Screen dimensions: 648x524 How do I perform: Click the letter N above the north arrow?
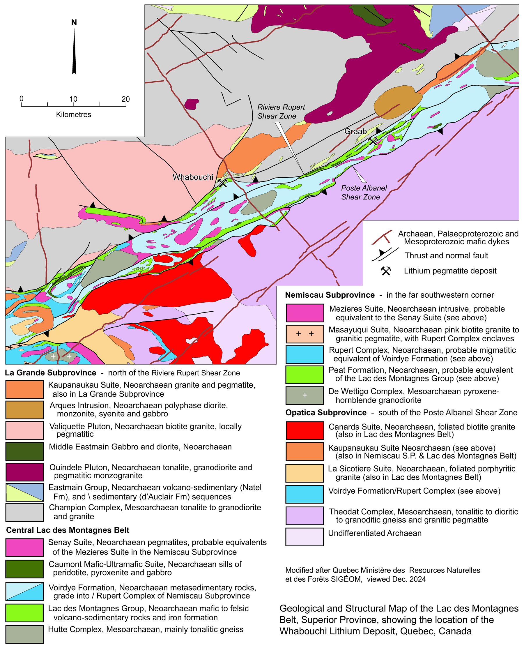click(74, 23)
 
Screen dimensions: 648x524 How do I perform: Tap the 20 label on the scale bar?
click(125, 99)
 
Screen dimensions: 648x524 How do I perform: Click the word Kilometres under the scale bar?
click(73, 115)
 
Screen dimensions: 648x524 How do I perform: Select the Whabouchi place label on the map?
click(193, 177)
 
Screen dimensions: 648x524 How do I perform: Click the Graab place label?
click(355, 131)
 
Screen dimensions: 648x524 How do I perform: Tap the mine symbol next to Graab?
click(373, 141)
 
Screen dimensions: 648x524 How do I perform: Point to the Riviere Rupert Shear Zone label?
click(281, 112)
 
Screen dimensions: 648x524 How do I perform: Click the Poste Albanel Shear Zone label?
click(363, 192)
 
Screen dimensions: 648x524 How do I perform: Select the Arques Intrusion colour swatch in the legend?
click(24, 410)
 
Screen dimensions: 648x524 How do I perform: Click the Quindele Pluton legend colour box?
click(24, 472)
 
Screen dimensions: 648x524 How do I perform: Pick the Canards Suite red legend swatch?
click(305, 430)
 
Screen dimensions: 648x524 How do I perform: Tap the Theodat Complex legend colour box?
click(305, 516)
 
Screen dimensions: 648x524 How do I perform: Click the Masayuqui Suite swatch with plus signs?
click(305, 334)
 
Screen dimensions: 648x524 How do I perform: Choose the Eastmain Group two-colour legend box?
click(24, 492)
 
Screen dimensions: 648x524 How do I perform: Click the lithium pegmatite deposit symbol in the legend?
click(385, 271)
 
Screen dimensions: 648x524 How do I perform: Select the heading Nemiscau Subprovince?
click(330, 295)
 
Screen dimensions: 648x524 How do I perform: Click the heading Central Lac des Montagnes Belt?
click(68, 530)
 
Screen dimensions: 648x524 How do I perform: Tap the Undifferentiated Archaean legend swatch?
click(305, 537)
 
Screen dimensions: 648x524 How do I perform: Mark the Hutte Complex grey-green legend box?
click(24, 634)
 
